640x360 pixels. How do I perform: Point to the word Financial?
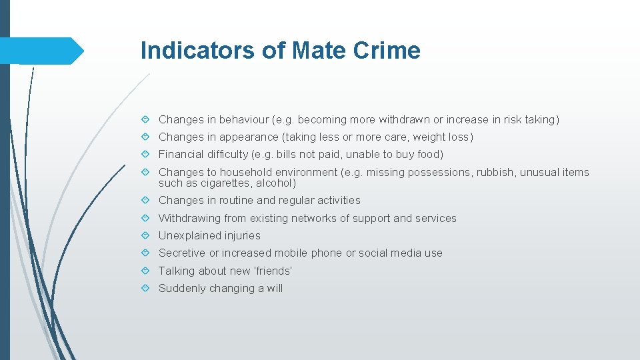[181, 155]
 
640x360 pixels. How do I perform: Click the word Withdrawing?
[188, 218]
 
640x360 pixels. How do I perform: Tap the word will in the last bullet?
[275, 288]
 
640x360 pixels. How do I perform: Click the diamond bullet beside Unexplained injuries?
[145, 235]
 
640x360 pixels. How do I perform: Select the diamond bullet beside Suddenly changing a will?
[145, 288]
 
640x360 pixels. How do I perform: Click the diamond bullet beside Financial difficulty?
[145, 155]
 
